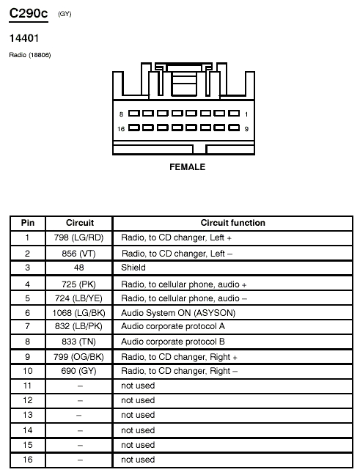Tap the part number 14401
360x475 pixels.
tap(24, 37)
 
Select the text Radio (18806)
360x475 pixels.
tap(29, 55)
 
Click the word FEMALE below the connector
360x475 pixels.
tap(187, 167)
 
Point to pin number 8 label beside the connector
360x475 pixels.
tap(121, 114)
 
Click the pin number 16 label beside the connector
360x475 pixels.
tap(120, 128)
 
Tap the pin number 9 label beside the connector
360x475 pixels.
tap(246, 128)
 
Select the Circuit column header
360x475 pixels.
tap(79, 223)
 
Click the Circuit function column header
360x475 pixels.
tap(232, 223)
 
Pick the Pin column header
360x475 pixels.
tap(28, 223)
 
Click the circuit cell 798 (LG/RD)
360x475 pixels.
tap(79, 238)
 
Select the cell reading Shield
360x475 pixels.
tap(133, 268)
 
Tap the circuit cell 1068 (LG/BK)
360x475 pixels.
tap(79, 312)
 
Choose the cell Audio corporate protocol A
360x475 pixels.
tap(173, 327)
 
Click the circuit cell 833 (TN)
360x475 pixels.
tap(79, 342)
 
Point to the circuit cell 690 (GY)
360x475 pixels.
tap(79, 371)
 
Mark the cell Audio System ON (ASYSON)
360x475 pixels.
tap(178, 312)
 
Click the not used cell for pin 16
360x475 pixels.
tap(138, 460)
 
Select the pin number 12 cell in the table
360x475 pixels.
tap(28, 400)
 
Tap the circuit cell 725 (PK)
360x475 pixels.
tap(79, 283)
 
